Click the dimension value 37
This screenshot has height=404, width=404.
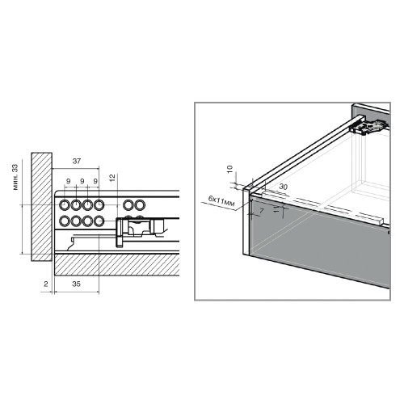pyautogui.click(x=77, y=161)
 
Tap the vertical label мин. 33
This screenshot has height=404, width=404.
pyautogui.click(x=15, y=177)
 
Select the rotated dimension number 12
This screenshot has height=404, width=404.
pyautogui.click(x=112, y=178)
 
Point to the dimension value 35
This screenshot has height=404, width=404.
pyautogui.click(x=76, y=284)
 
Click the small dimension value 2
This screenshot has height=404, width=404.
pyautogui.click(x=46, y=284)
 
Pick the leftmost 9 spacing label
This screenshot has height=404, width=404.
pyautogui.click(x=68, y=181)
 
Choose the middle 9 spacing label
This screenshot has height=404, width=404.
pyautogui.click(x=82, y=181)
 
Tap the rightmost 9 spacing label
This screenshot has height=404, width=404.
pyautogui.click(x=95, y=181)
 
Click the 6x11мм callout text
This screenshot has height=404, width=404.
pyautogui.click(x=221, y=201)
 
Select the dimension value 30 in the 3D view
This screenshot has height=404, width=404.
pyautogui.click(x=283, y=187)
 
